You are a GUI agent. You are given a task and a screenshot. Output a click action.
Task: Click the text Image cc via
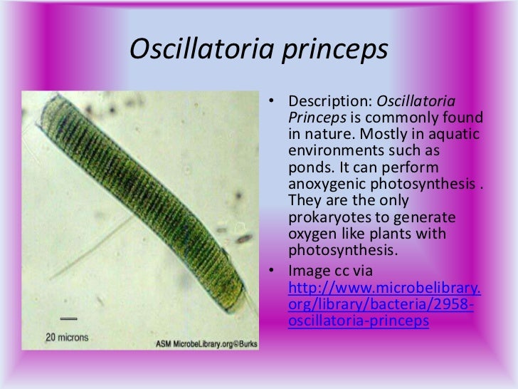coord(329,271)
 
